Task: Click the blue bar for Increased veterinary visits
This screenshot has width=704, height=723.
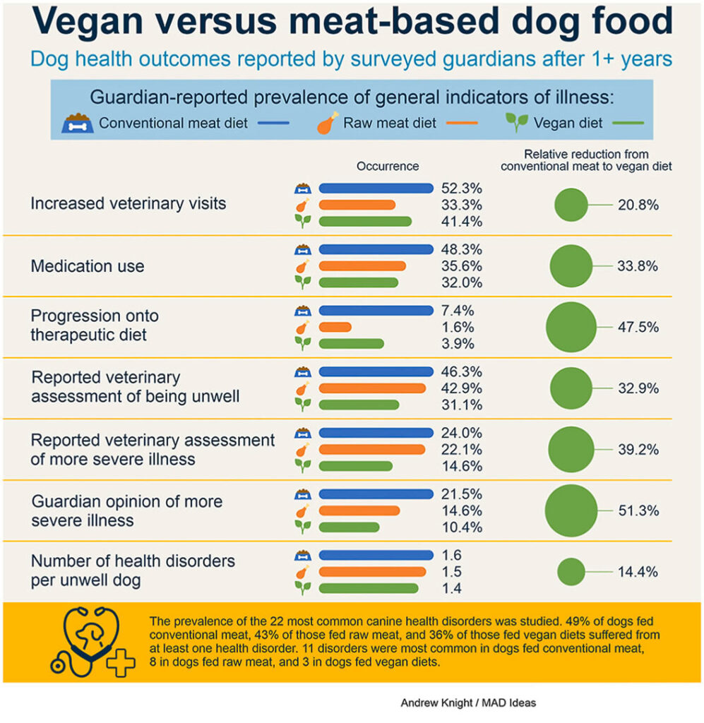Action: coord(376,188)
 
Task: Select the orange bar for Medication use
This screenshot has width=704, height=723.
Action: coord(362,266)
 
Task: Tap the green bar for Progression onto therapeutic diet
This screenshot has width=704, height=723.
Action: coord(351,344)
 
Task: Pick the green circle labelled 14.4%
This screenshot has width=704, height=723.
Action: coord(571,571)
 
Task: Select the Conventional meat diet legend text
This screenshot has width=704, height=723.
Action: coord(173,123)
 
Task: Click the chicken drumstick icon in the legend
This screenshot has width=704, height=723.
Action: coord(325,124)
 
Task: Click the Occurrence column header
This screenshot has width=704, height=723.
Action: coord(388,166)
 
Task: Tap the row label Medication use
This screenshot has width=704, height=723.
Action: coord(87,266)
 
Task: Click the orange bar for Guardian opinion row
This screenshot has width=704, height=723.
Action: coord(359,510)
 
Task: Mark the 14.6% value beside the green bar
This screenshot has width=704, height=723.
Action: coord(462,466)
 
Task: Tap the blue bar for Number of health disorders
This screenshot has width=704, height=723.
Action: coord(376,555)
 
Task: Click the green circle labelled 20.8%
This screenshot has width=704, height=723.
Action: coord(571,205)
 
